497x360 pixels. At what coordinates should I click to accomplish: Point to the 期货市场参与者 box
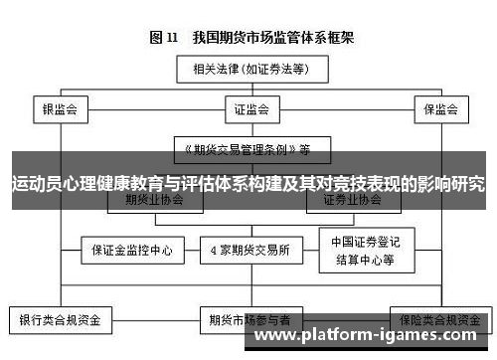pyautogui.click(x=248, y=321)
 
